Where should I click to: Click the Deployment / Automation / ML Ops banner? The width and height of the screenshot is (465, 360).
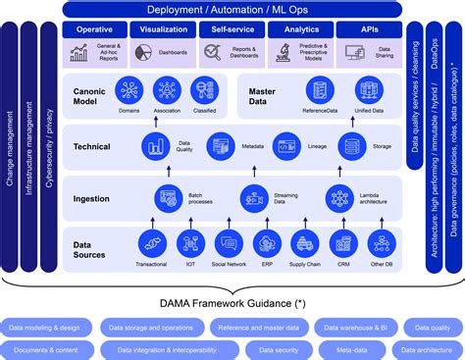point(232,9)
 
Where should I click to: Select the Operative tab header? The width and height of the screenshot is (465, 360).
point(94,30)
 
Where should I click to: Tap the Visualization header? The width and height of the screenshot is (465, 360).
point(164,30)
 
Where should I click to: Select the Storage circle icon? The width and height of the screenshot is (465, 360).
point(352,147)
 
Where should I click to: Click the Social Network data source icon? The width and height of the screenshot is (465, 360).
point(227,244)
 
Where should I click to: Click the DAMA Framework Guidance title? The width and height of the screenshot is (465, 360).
point(232,303)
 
